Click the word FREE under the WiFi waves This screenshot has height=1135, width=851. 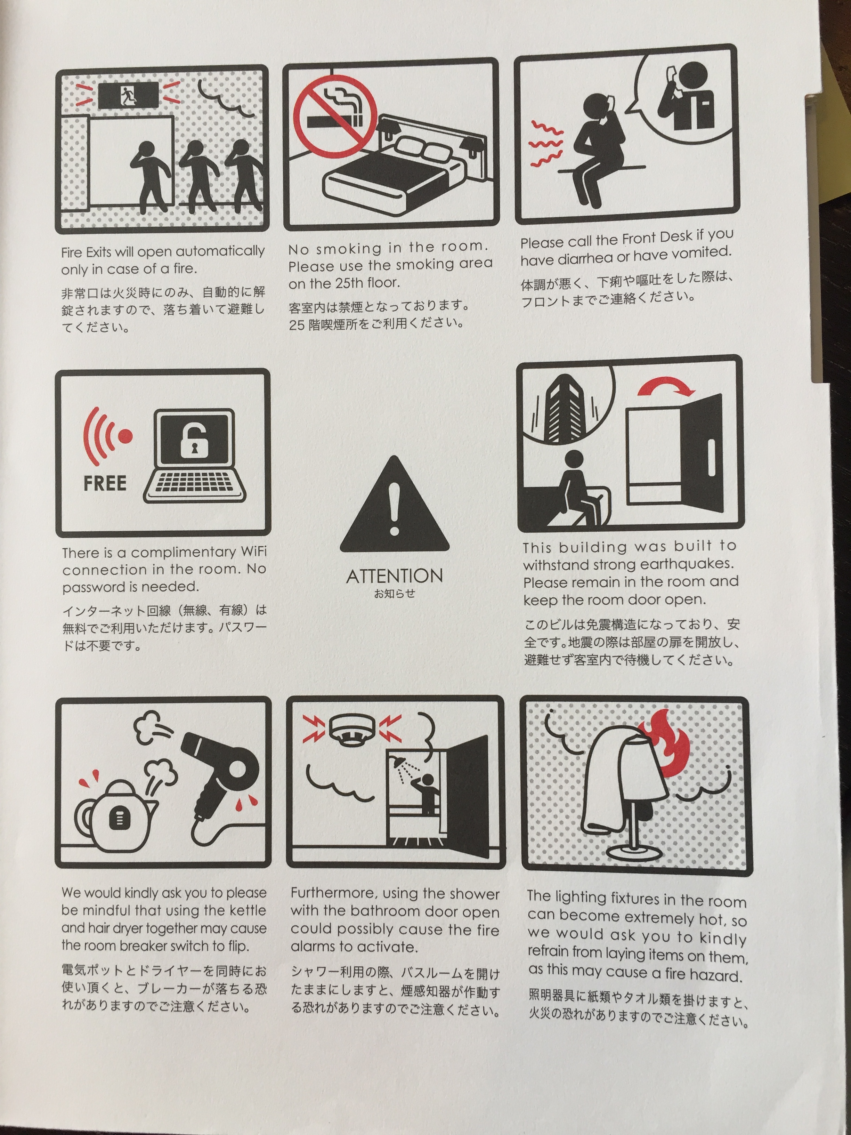[105, 483]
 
